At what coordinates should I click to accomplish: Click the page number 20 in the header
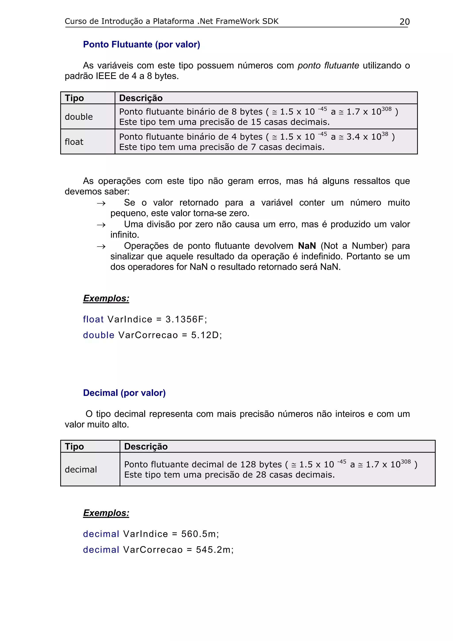point(404,22)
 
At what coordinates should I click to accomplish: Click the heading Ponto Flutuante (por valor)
point(142,44)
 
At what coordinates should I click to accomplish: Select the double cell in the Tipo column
point(79,117)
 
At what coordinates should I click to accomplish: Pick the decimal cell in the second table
point(81,469)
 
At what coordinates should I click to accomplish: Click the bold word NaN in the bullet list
point(307,246)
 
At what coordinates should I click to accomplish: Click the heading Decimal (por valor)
point(124,393)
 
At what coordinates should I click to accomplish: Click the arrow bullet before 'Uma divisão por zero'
point(101,225)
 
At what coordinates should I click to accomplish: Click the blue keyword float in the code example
point(93,319)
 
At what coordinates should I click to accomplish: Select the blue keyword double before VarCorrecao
point(98,335)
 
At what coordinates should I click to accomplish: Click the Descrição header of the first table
point(141,98)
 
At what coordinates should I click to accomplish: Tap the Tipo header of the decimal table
point(74,446)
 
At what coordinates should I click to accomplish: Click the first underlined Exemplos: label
point(106,298)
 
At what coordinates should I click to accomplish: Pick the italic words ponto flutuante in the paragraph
point(328,65)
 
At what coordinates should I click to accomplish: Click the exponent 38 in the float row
point(385,134)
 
